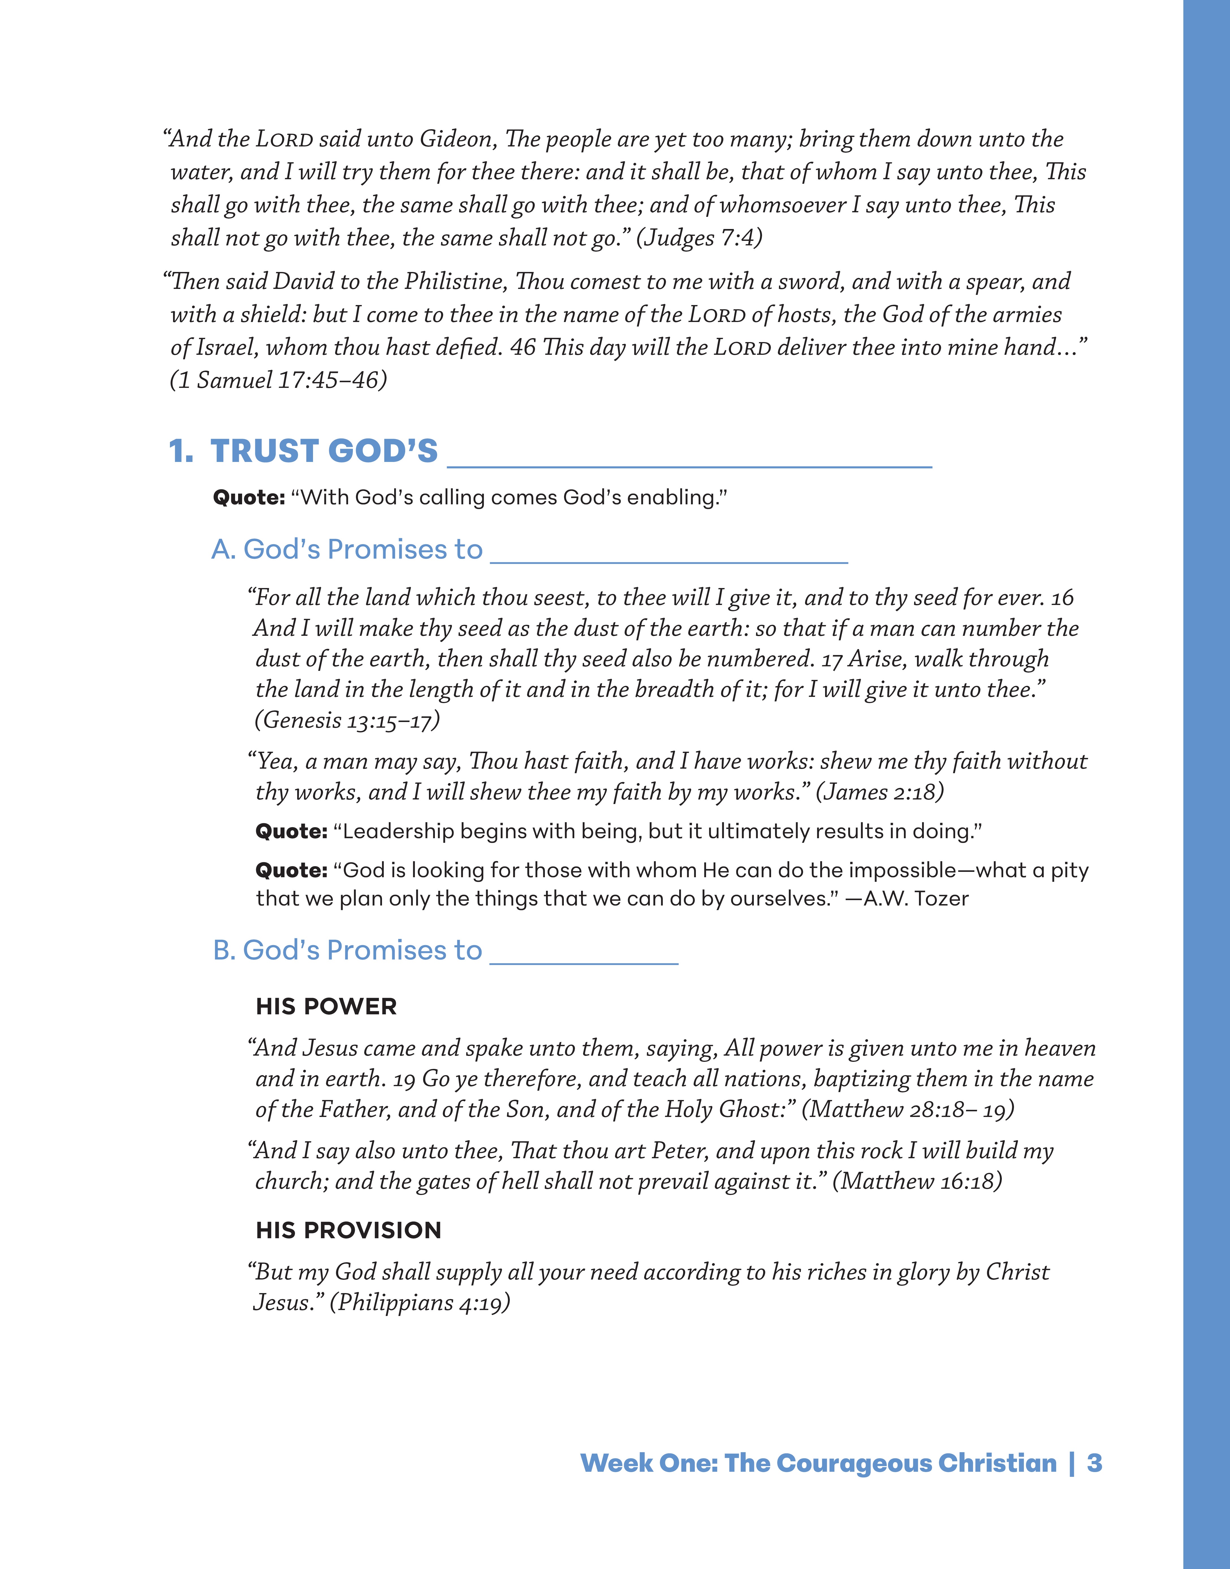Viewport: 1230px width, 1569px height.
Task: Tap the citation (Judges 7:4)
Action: tap(698, 238)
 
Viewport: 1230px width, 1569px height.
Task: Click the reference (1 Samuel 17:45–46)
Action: tap(278, 379)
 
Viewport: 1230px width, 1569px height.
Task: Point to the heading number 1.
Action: tap(180, 451)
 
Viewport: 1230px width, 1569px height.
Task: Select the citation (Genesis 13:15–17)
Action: tap(347, 720)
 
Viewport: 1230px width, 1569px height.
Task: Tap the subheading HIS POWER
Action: tap(326, 1007)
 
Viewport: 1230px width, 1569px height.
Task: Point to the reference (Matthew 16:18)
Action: tap(917, 1182)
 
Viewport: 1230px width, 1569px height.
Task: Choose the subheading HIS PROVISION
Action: tap(349, 1231)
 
